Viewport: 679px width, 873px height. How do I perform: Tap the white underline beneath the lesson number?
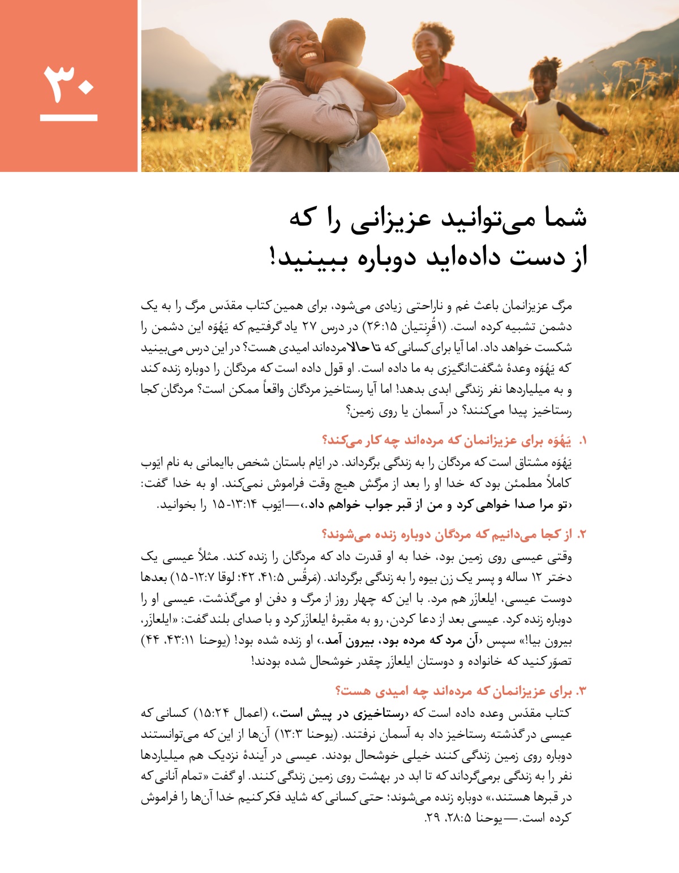pos(68,118)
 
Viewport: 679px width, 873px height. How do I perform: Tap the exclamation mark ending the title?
pos(274,257)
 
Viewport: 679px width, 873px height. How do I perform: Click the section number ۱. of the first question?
pos(582,441)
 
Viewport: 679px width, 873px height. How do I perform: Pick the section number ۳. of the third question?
pos(581,691)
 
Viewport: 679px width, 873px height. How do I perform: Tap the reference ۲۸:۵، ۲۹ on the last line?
pos(450,818)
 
